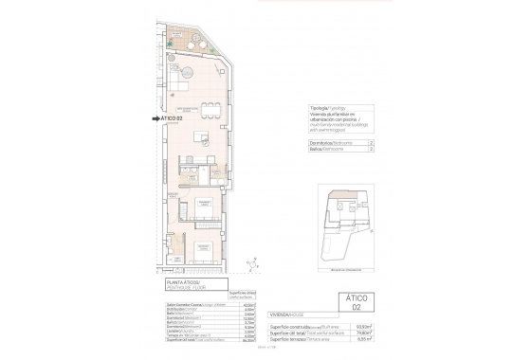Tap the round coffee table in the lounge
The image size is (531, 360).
[188, 73]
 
